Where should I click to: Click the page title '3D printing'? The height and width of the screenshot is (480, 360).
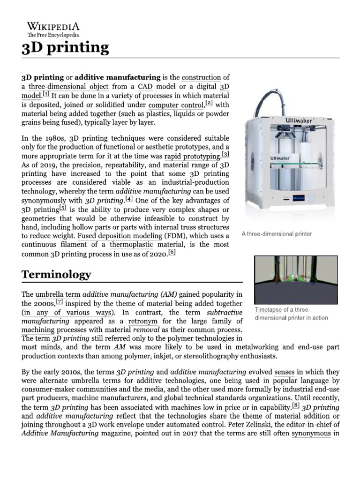65,47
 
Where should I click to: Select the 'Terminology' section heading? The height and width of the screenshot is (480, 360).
56,274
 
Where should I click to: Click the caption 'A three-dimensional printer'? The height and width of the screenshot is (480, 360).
277,233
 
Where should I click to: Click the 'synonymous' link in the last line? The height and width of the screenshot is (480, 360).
311,433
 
